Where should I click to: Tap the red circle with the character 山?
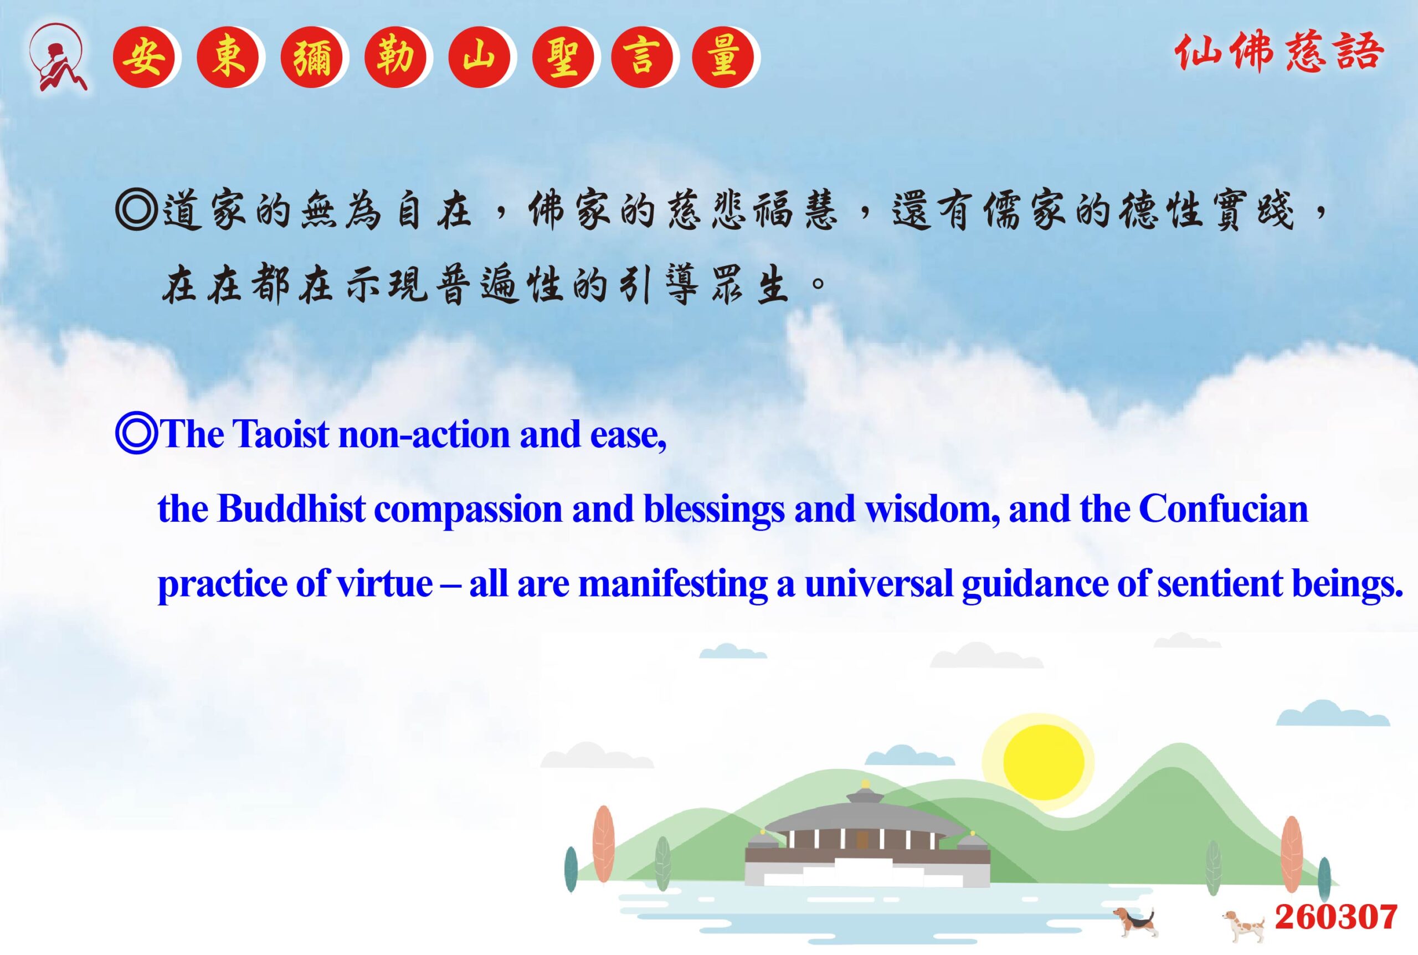pos(479,57)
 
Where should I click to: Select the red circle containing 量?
pos(723,57)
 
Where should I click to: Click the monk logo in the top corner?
pos(58,57)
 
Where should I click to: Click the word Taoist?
pos(281,434)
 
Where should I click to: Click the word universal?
pos(878,583)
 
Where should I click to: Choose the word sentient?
pos(1220,583)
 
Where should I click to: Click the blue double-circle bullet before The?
pos(136,434)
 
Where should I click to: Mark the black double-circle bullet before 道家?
pos(136,210)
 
